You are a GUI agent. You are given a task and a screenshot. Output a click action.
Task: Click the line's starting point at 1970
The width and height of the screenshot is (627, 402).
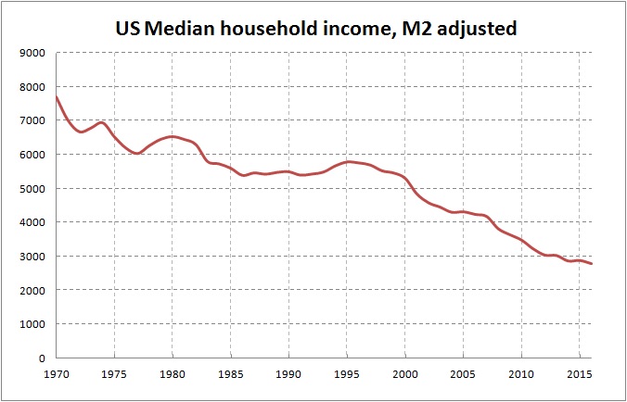[57, 97]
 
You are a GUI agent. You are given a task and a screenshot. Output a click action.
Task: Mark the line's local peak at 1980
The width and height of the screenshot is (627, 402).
[173, 137]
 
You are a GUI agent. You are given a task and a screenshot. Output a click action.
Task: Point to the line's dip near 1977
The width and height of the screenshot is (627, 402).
[137, 154]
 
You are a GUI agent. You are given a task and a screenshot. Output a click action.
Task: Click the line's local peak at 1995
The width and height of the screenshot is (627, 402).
[347, 162]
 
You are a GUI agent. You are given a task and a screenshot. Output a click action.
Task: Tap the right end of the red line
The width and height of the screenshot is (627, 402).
[592, 264]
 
